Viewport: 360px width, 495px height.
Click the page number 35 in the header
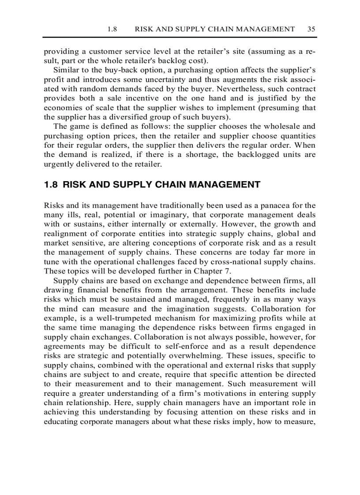point(311,29)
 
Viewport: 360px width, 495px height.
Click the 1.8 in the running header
point(112,29)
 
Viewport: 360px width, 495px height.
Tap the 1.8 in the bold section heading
point(51,185)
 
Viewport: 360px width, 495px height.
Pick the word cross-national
point(250,261)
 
